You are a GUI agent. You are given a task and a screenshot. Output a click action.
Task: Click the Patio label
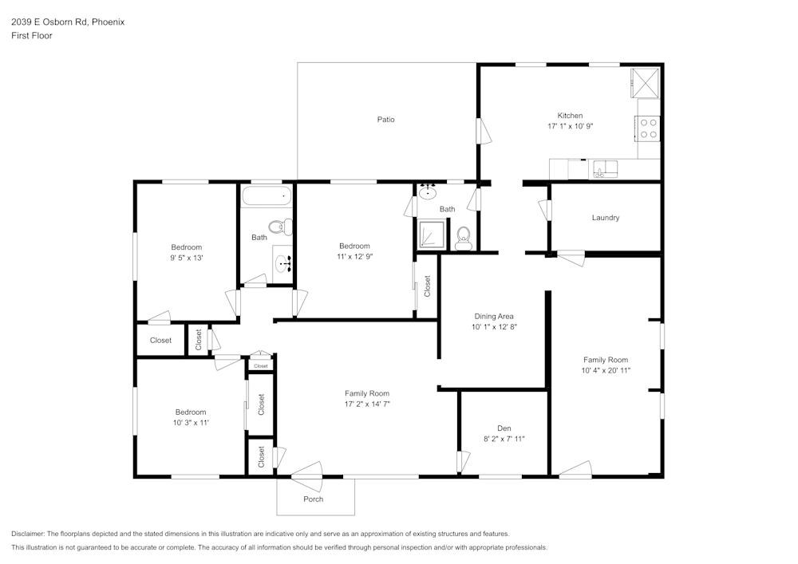(x=385, y=120)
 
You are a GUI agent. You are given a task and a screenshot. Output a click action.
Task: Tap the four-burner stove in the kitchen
(x=649, y=128)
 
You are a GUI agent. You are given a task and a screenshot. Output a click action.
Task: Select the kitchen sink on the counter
(x=606, y=168)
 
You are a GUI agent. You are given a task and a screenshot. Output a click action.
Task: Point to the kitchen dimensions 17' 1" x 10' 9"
(x=570, y=126)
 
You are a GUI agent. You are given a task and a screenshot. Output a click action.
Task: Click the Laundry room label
(x=605, y=218)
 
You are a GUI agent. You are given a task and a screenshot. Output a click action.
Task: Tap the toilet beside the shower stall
(x=463, y=237)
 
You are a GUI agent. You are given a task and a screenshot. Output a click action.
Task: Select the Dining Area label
(x=493, y=316)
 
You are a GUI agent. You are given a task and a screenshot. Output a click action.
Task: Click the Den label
(x=504, y=428)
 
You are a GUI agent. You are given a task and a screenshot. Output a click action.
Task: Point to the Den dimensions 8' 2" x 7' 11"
(x=504, y=439)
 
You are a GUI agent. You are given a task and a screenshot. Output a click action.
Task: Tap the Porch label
(x=313, y=499)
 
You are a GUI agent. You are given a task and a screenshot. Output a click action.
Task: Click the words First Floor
(x=31, y=36)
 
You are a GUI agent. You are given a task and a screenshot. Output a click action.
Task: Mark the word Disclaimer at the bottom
(x=28, y=534)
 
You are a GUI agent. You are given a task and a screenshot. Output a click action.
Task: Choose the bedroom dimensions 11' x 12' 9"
(x=354, y=257)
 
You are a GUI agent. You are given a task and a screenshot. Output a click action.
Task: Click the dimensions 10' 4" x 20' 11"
(x=606, y=370)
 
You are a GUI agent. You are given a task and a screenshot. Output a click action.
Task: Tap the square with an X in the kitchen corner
(x=645, y=81)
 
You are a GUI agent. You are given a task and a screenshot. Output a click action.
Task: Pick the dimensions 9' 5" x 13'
(x=186, y=258)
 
